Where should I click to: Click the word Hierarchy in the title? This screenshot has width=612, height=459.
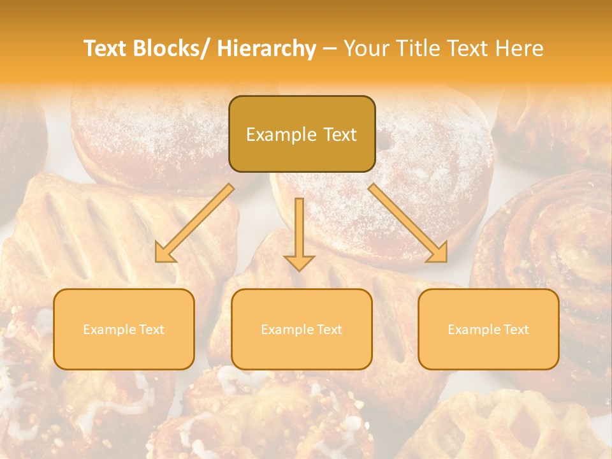pos(266,49)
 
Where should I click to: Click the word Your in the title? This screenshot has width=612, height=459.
pos(367,49)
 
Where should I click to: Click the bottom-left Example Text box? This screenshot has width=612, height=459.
pos(124,329)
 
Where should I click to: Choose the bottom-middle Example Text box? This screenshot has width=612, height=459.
pos(302,329)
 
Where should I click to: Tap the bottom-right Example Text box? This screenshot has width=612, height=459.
pos(488,329)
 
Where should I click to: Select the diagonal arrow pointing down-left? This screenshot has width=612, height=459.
pos(194,224)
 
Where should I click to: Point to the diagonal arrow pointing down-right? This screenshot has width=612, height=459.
pos(408,223)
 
